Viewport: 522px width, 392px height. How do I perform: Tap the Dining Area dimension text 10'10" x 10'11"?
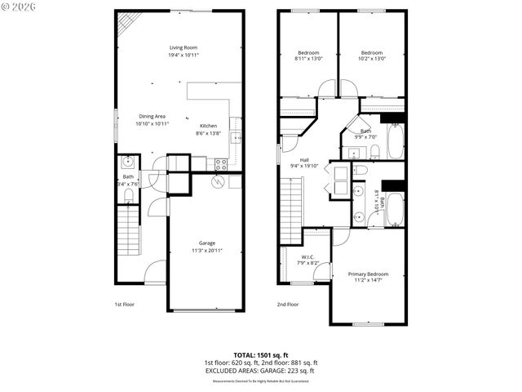click(152, 124)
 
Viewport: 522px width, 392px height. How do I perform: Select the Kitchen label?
click(208, 126)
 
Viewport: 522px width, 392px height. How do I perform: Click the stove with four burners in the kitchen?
click(220, 164)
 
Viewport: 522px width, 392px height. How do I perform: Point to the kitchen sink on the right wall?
click(236, 137)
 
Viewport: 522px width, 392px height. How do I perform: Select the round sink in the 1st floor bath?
click(127, 162)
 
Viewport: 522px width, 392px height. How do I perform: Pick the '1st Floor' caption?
click(124, 304)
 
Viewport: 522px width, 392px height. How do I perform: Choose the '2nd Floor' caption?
click(287, 304)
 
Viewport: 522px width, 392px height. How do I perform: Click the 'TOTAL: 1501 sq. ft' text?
click(260, 354)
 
